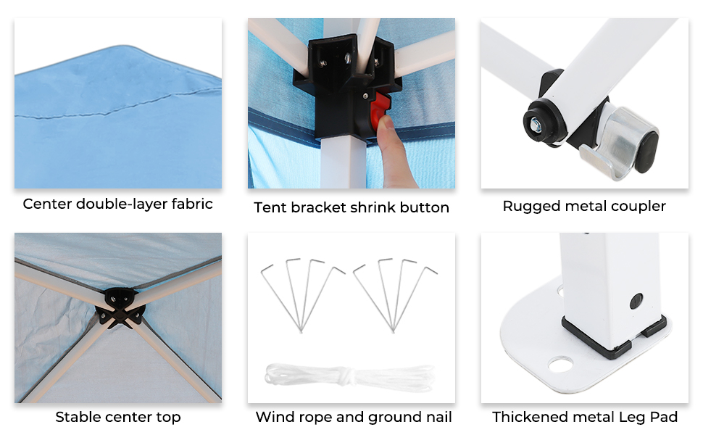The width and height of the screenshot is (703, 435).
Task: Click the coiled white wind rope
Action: coord(350,375)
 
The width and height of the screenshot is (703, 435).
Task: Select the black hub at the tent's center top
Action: coord(120,307)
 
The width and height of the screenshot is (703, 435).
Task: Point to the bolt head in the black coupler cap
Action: coord(536,123)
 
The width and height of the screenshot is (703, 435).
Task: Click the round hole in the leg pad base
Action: coord(560,365)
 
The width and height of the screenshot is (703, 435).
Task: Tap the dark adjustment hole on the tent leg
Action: coord(636,300)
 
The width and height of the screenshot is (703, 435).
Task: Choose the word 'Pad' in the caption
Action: coord(665,417)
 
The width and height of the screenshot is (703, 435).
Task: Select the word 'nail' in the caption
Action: coord(439,417)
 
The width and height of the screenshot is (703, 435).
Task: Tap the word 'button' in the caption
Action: coord(425,207)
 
